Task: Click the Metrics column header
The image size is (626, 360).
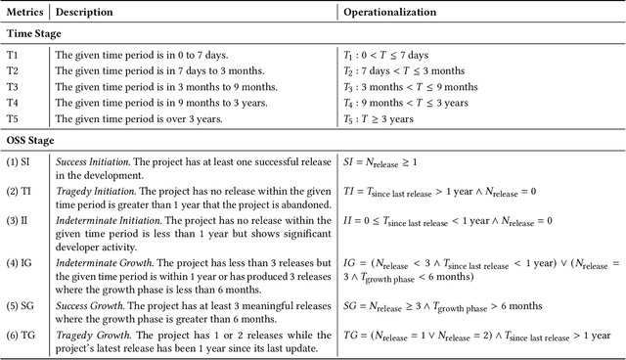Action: [22, 12]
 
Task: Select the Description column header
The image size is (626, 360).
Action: [84, 12]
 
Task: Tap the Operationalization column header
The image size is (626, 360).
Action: [388, 12]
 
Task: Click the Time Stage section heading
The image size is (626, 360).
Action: [33, 33]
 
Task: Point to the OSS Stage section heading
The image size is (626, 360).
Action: [33, 140]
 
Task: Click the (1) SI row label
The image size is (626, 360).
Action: [18, 162]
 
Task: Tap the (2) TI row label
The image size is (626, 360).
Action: [19, 190]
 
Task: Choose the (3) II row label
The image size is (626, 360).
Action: [18, 222]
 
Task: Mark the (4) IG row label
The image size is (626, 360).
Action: [19, 261]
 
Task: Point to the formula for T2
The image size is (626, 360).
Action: [402, 70]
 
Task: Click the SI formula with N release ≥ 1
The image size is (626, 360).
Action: [386, 162]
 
